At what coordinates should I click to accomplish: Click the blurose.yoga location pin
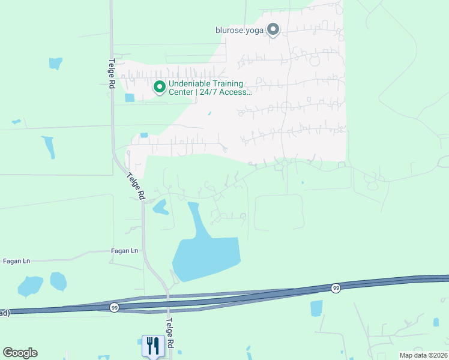click(273, 29)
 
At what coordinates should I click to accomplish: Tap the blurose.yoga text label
click(240, 30)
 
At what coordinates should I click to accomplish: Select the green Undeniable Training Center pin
click(160, 88)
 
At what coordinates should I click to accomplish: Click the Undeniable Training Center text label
click(205, 88)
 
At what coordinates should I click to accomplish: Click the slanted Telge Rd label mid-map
click(136, 187)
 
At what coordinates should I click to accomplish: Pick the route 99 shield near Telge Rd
click(115, 307)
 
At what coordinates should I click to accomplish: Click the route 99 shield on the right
click(335, 289)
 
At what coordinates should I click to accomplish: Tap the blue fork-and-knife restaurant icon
click(152, 345)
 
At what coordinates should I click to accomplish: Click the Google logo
click(20, 353)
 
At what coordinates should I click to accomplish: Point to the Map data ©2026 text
click(423, 355)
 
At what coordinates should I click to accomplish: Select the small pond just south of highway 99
click(316, 308)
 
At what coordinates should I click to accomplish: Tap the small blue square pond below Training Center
click(130, 98)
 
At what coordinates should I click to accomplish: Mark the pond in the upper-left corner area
click(55, 62)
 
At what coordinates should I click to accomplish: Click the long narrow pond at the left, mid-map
click(47, 146)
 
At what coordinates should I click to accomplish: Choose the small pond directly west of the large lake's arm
click(160, 208)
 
